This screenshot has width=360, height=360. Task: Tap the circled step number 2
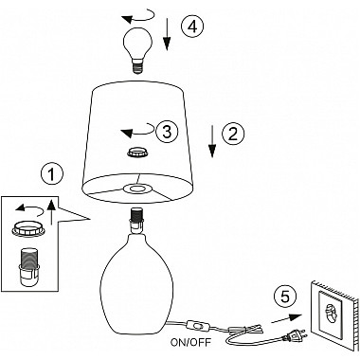tap(233, 134)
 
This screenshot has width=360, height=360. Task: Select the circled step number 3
tap(167, 131)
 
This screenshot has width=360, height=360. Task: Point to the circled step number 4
tap(192, 27)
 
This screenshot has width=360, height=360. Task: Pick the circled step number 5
tap(285, 297)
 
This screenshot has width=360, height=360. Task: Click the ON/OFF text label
tap(190, 342)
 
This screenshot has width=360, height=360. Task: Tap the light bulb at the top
tap(137, 50)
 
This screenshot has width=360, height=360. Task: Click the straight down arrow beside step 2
tap(212, 141)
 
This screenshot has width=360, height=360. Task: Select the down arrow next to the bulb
tap(167, 35)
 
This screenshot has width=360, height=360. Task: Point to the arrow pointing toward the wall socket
tap(287, 319)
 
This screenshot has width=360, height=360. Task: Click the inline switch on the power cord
tap(196, 325)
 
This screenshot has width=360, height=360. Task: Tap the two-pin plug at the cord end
tap(295, 334)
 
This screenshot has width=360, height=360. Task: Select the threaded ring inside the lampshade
tap(137, 153)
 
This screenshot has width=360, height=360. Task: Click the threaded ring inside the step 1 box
tap(27, 227)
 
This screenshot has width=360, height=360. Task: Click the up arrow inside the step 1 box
tap(52, 211)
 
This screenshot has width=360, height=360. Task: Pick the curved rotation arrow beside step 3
tap(138, 131)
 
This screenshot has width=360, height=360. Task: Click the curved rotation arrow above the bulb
tap(139, 16)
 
